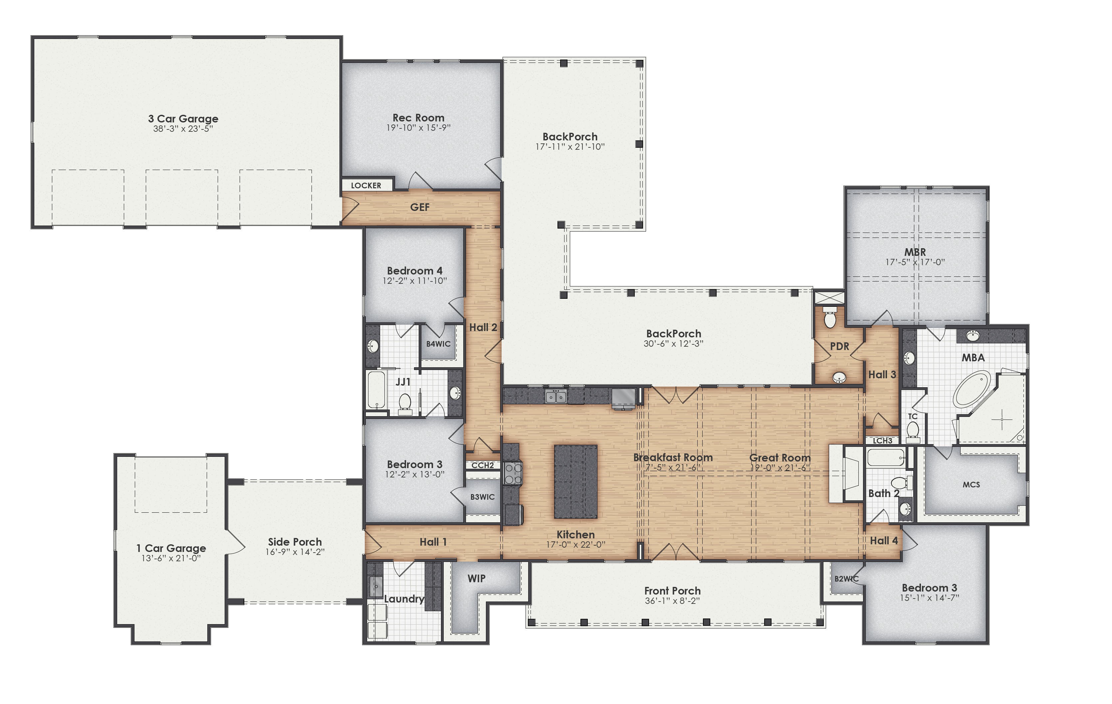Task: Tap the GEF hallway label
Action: pyautogui.click(x=420, y=207)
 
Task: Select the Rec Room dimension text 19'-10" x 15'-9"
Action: pyautogui.click(x=418, y=128)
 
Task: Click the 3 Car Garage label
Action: pyautogui.click(x=183, y=119)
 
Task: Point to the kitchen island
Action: pyautogui.click(x=575, y=481)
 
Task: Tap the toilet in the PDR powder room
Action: pyautogui.click(x=830, y=318)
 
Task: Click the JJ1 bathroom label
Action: pyautogui.click(x=403, y=382)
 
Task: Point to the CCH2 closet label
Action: pyautogui.click(x=483, y=465)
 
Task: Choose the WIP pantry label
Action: pyautogui.click(x=477, y=579)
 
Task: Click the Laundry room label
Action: pyautogui.click(x=404, y=599)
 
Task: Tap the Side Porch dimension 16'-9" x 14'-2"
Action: pyautogui.click(x=295, y=552)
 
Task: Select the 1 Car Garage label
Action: pyautogui.click(x=171, y=548)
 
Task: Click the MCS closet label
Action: pyautogui.click(x=971, y=485)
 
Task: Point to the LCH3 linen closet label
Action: pyautogui.click(x=882, y=441)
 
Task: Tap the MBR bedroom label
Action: pyautogui.click(x=915, y=252)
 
